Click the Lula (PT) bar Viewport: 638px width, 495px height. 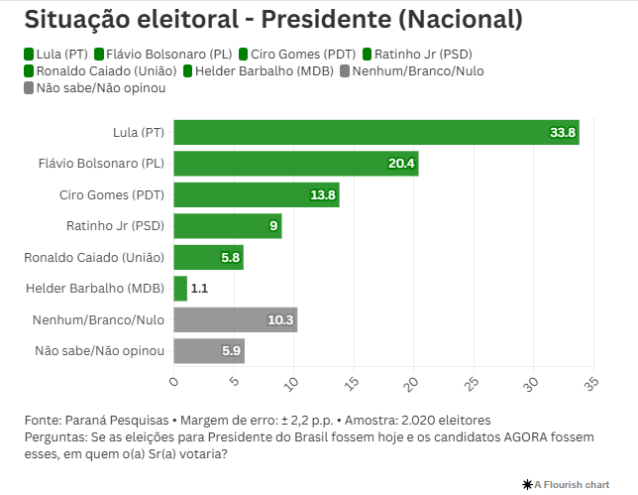coord(376,132)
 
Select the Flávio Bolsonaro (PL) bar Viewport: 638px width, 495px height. coord(295,163)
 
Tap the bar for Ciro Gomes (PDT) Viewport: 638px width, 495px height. coord(256,194)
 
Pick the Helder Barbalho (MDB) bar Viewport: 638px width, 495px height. coord(180,289)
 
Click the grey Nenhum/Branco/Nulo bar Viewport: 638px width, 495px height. coord(235,319)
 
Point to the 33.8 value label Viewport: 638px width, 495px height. coord(564,132)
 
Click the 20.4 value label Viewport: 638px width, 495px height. coord(402,163)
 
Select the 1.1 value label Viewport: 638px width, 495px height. coord(198,289)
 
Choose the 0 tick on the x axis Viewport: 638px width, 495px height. coord(174,379)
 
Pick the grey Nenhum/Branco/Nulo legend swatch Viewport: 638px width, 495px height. coord(345,70)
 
